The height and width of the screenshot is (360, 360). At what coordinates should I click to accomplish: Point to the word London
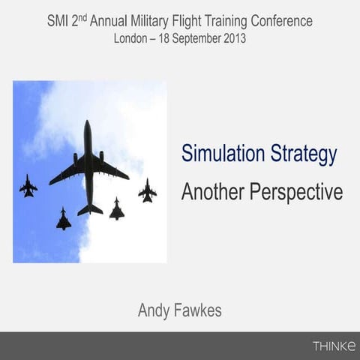pos(132,37)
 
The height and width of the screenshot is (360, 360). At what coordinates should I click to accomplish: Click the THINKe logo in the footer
pos(334,346)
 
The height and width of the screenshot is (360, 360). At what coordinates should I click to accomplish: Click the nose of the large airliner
pos(88,124)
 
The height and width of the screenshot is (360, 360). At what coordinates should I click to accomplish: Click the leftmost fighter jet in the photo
pos(28,186)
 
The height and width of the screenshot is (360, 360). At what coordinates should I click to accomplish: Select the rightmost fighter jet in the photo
pos(147,190)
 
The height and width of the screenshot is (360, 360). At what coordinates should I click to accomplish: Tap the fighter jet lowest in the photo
pos(64,220)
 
